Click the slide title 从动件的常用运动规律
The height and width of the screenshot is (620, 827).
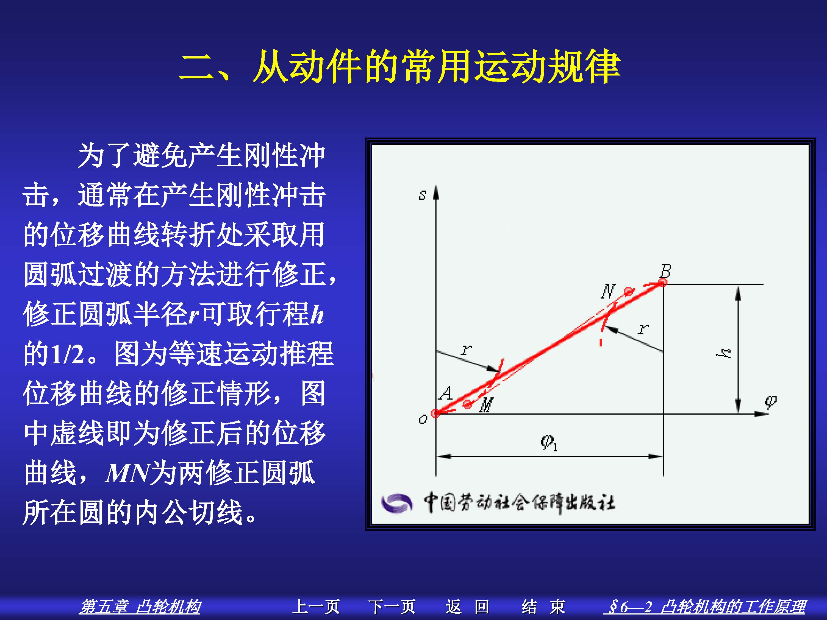[437, 67]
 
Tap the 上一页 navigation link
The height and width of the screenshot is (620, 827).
[316, 606]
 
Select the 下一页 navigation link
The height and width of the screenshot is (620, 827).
[392, 606]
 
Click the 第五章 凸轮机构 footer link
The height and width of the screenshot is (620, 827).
[140, 606]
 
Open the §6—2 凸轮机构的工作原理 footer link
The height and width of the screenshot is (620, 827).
[704, 606]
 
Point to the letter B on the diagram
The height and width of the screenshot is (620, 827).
[665, 270]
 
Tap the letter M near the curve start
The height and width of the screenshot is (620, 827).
[486, 405]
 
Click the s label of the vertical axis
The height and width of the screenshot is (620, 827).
[423, 195]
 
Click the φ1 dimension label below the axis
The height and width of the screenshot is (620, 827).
[549, 443]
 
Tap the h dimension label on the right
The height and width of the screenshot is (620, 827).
[724, 353]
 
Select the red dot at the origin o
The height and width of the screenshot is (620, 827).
[435, 413]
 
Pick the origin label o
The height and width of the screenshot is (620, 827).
[423, 419]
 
